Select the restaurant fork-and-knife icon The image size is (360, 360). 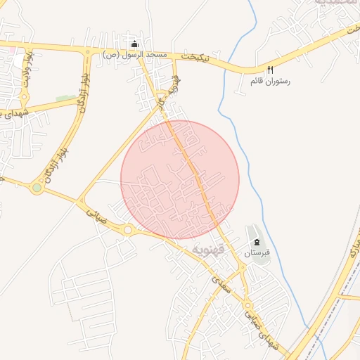pyautogui.click(x=270, y=70)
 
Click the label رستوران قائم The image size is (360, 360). pyautogui.click(x=270, y=81)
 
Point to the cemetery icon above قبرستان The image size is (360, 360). pyautogui.click(x=256, y=242)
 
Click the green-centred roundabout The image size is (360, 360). pyautogui.click(x=37, y=188)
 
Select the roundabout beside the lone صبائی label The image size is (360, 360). pyautogui.click(x=128, y=229)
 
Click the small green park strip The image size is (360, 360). pyautogui.click(x=65, y=98)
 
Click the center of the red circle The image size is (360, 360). pyautogui.click(x=180, y=180)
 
